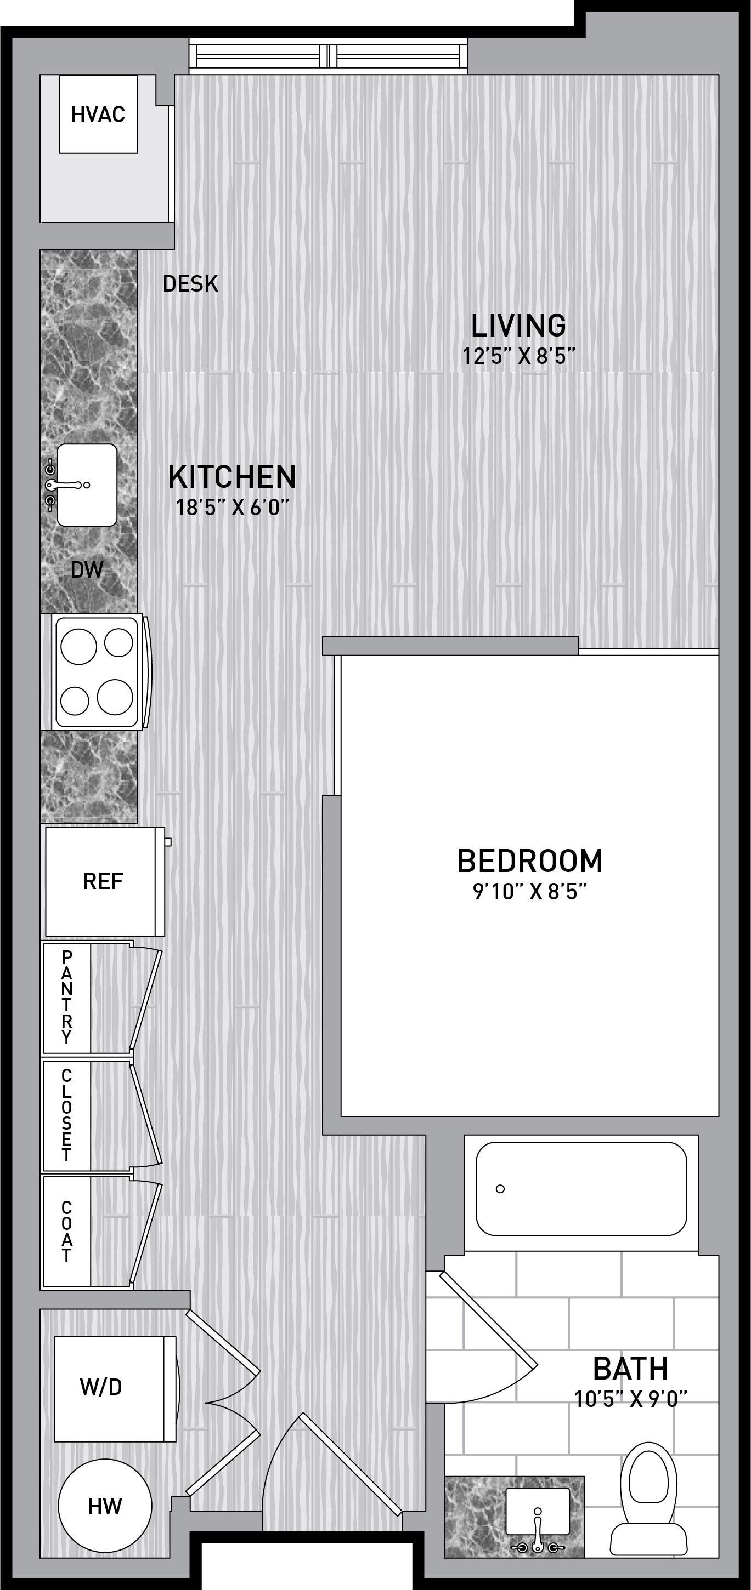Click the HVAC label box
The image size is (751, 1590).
(98, 114)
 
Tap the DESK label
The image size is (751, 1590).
(190, 284)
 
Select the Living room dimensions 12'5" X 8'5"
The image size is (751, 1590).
(519, 356)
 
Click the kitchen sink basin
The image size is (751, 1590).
(87, 485)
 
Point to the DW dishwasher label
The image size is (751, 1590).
(87, 569)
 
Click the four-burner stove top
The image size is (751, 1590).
(97, 671)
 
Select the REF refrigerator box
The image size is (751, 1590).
(103, 881)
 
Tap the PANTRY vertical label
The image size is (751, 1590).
(67, 996)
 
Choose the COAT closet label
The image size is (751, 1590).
(67, 1232)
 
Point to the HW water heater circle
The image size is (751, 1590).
(105, 1506)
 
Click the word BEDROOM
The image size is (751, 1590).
(530, 861)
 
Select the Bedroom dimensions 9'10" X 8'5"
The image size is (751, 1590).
(530, 892)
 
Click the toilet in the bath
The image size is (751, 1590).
(648, 1500)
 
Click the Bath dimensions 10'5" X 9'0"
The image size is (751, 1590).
(630, 1399)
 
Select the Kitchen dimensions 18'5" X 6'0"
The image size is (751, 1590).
(232, 508)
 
